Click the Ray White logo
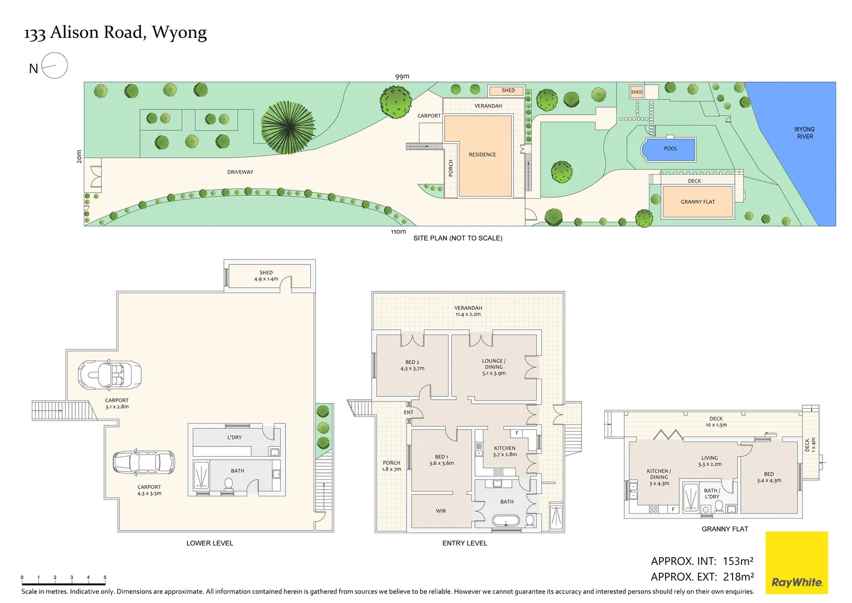click(x=796, y=563)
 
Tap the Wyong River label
click(x=805, y=133)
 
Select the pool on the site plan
click(x=670, y=149)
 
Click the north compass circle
click(x=54, y=66)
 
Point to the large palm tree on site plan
click(x=287, y=127)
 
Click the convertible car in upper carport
click(x=109, y=375)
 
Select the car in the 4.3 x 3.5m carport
click(x=143, y=462)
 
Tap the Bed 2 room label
click(x=412, y=365)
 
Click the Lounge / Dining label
click(x=494, y=367)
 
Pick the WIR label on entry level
click(x=441, y=511)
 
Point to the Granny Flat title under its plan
click(x=724, y=529)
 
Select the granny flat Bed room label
click(x=769, y=477)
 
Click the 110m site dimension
click(x=398, y=232)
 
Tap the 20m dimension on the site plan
click(x=79, y=156)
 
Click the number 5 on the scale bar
click(x=105, y=577)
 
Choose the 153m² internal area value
click(x=738, y=561)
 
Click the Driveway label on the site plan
click(x=240, y=172)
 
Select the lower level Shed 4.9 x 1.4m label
click(x=266, y=276)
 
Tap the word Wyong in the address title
click(x=179, y=33)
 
